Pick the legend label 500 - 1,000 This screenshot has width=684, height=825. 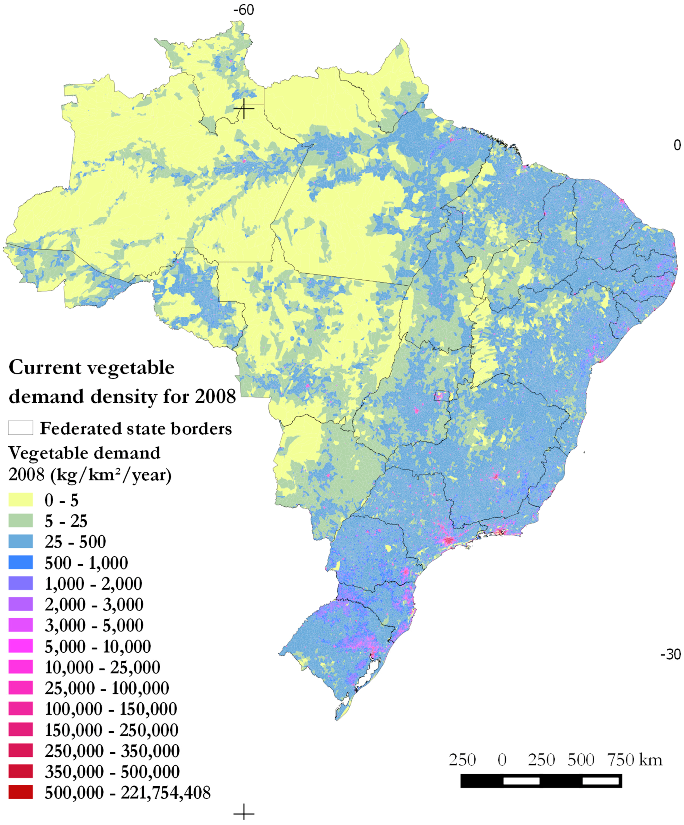(86, 563)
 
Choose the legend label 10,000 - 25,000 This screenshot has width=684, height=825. (102, 667)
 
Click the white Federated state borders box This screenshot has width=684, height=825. (20, 428)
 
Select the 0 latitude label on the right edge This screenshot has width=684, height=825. (677, 145)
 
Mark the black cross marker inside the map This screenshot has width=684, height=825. (244, 108)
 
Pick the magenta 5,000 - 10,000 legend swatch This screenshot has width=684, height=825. (20, 646)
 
